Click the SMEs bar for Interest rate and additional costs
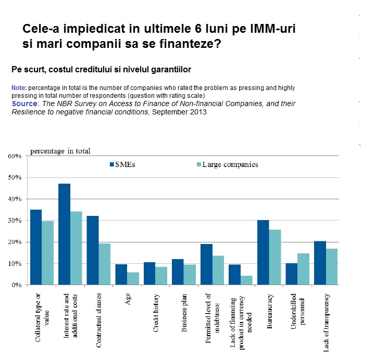(64, 234)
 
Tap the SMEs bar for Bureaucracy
(263, 252)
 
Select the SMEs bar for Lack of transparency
(320, 263)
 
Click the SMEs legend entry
(123, 165)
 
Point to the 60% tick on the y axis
(14, 156)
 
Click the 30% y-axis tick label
(14, 221)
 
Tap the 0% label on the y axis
(16, 285)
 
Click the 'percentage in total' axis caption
(60, 151)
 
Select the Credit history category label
(156, 311)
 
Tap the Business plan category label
(184, 311)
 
